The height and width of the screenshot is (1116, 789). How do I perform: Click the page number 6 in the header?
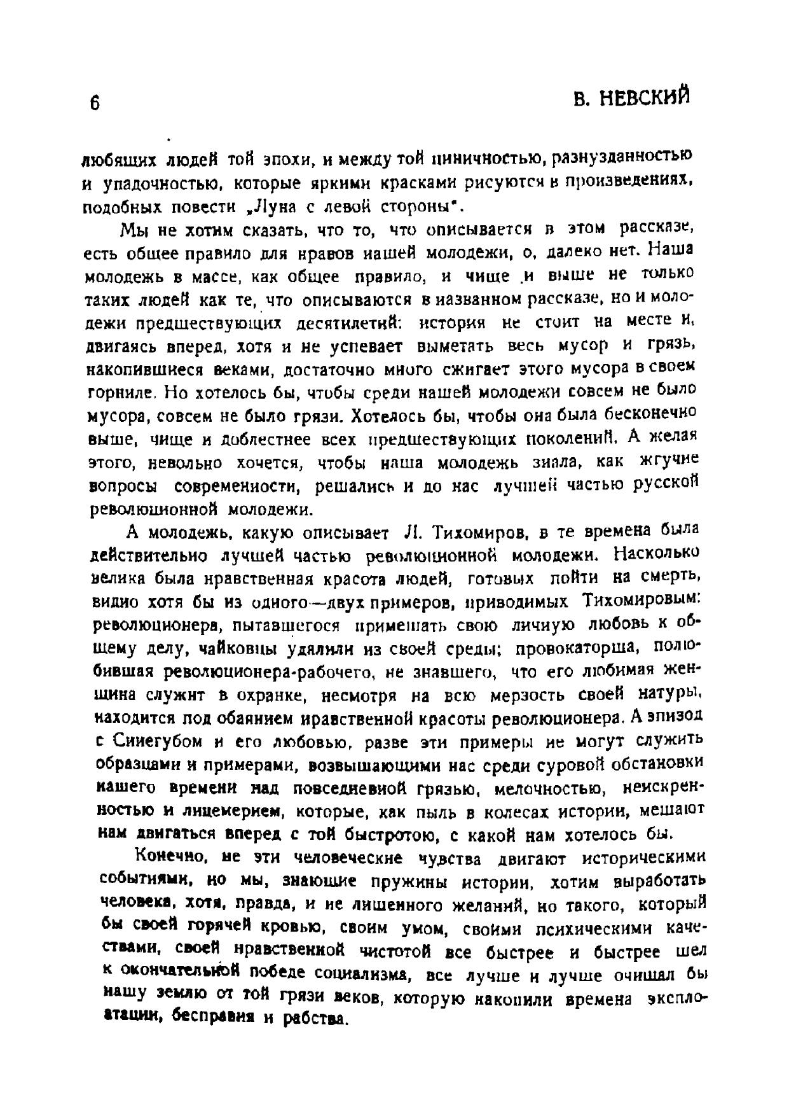pos(94,102)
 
